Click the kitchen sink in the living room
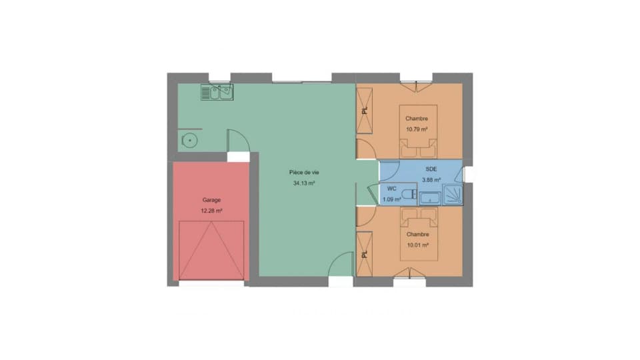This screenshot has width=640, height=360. point(217,92)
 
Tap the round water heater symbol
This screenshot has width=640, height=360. point(190,141)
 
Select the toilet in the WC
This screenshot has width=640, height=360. point(409,194)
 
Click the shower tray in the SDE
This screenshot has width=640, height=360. point(453,195)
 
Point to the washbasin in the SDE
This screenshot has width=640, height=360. point(430,198)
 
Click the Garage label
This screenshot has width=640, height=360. point(211,200)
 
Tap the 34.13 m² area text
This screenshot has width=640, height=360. point(304,183)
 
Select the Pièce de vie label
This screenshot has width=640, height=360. point(304,173)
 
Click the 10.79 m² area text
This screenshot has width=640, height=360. point(417,129)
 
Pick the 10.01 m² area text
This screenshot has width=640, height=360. point(417,245)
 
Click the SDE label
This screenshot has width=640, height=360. point(431,169)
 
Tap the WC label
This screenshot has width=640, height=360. point(391,189)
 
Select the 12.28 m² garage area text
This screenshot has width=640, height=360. point(211,211)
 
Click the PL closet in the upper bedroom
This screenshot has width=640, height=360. point(365,111)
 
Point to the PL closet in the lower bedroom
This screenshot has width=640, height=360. point(365,254)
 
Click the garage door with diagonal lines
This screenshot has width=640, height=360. point(211,251)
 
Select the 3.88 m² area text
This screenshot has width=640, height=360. point(431,180)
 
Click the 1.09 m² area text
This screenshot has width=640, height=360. point(391,199)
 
